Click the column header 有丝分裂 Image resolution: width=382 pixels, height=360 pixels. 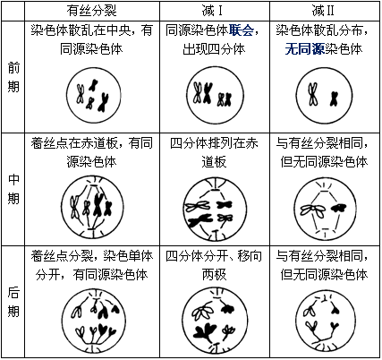pos(91,11)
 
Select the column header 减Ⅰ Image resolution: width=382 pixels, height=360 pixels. pos(212,11)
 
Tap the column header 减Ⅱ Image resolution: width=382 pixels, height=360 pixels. pos(324,11)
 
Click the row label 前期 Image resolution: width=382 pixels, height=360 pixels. pos(13,78)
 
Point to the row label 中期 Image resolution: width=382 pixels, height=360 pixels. pos(13,189)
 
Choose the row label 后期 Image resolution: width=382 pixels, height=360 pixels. pos(13,302)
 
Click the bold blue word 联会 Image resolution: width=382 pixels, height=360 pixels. pos(242,30)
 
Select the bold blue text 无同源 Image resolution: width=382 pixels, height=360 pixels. pos(304,49)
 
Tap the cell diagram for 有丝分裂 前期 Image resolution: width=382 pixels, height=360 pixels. pos(94,95)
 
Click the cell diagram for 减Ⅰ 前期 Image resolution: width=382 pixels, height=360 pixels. pos(215,95)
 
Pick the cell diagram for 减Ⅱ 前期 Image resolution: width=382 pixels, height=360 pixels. pos(324,95)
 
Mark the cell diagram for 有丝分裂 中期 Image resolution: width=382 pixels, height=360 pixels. pos(92,207)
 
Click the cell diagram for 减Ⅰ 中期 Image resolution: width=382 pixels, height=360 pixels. pos(215,209)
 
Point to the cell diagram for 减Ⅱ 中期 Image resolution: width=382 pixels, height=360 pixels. pos(325,208)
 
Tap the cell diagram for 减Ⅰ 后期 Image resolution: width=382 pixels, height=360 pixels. pos(215,320)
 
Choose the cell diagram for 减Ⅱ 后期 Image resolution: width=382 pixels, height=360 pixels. pos(325,321)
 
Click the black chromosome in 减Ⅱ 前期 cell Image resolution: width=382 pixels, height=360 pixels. pos(334,99)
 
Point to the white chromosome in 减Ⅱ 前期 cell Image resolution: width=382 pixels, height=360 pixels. pos(312,95)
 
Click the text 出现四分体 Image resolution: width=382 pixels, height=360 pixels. pos(214,49)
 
